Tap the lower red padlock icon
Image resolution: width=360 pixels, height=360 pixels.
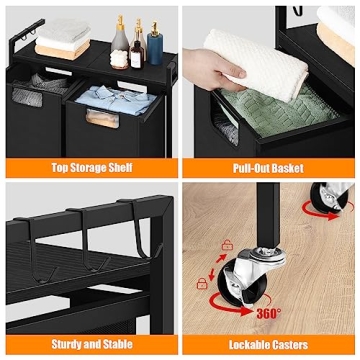(x=204, y=285)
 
